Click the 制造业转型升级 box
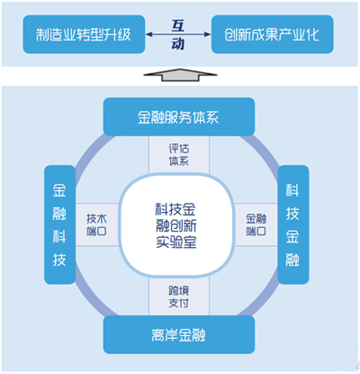[x=84, y=34]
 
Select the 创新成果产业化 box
[x=273, y=34]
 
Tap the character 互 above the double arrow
[x=178, y=25]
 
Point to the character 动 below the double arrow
[x=178, y=44]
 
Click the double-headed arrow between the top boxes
[x=178, y=34]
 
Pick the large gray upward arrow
[x=180, y=75]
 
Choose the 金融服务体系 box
[x=179, y=117]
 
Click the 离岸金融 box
[x=179, y=334]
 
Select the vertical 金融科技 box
[x=59, y=224]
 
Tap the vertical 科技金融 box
[x=292, y=224]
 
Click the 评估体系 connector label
[x=179, y=155]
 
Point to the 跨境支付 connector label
[x=179, y=296]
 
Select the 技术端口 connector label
[x=96, y=224]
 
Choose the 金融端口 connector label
[x=256, y=224]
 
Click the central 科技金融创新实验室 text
[x=176, y=225]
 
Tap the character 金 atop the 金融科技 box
[x=59, y=190]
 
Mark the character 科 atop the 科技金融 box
[x=292, y=190]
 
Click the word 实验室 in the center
[x=176, y=242]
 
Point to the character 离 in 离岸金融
[x=158, y=335]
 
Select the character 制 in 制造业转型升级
[x=43, y=34]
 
